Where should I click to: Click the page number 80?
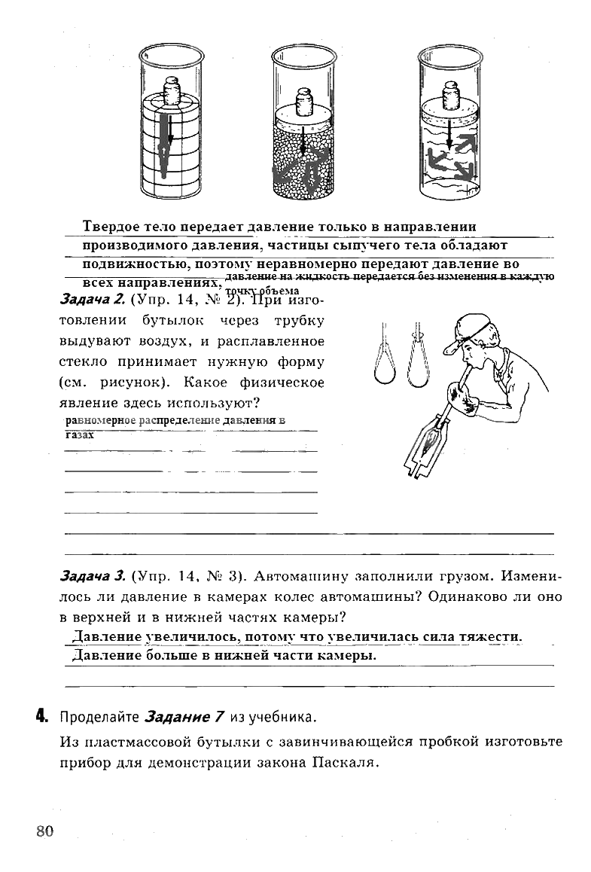[44, 831]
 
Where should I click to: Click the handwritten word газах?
[79, 435]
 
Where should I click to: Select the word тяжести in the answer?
[492, 637]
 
